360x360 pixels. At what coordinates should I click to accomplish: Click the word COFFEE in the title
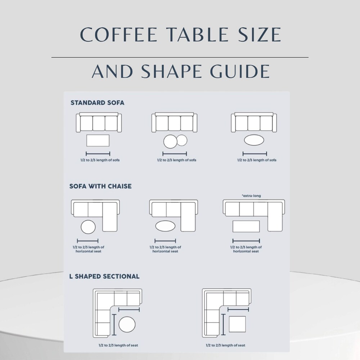pos(118,35)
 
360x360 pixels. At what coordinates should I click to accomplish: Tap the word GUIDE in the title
pos(240,71)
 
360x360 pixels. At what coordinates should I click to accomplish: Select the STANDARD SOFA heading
pos(97,103)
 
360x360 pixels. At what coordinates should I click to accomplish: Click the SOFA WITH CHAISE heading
pos(100,186)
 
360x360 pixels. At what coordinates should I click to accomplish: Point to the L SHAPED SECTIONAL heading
pos(104,276)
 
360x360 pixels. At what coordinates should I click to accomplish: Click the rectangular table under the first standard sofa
pos(98,140)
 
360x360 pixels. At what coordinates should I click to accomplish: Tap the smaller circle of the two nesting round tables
pos(182,140)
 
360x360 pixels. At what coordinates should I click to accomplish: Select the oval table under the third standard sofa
pos(254,140)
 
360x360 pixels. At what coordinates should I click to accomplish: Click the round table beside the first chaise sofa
pos(88,227)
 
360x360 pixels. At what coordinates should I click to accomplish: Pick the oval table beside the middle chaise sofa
pos(165,226)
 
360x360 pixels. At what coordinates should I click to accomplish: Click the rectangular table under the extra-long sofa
pos(246,226)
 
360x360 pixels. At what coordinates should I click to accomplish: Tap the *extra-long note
pos(251,196)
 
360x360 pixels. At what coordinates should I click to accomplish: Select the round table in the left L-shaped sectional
pos(127,324)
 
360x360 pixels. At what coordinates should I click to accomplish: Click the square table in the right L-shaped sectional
pos(237,324)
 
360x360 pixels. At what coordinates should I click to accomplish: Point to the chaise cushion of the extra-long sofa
pos(275,217)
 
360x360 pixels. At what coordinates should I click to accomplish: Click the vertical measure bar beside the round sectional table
pos(114,325)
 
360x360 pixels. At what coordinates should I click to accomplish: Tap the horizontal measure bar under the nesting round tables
pos(175,154)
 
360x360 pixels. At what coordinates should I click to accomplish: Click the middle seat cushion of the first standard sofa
pos(99,123)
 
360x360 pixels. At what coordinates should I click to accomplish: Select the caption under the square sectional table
pos(225,345)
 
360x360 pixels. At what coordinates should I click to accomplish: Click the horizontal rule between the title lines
pos(180,57)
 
